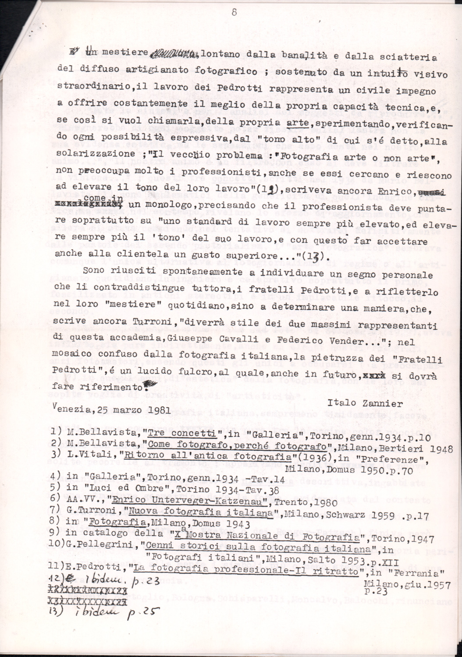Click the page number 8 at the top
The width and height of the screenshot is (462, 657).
click(234, 13)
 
